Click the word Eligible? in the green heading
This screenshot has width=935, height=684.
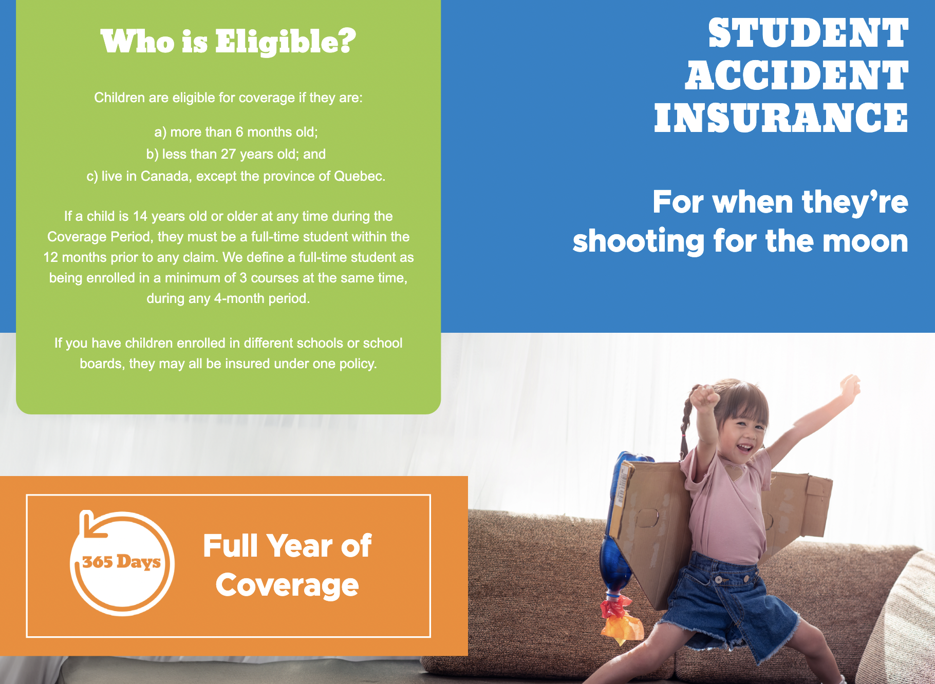285,42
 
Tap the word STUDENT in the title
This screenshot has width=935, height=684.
808,34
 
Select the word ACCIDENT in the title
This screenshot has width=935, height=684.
796,76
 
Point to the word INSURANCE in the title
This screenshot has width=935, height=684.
781,118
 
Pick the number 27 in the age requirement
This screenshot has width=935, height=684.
228,154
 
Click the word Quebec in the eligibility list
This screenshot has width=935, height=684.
358,176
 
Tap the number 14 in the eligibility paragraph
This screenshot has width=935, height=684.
140,216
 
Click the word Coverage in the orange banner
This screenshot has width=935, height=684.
287,585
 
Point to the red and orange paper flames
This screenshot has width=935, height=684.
620,619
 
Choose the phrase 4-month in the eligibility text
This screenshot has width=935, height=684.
237,298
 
